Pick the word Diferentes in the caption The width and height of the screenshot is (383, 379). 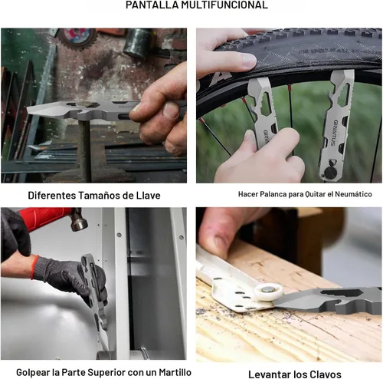[52, 196]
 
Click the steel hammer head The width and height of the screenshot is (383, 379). [79, 219]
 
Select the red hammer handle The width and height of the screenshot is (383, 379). [44, 217]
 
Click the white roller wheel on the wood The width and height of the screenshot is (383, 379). [268, 293]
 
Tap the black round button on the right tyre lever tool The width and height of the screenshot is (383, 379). [330, 172]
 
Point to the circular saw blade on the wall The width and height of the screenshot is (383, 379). [77, 38]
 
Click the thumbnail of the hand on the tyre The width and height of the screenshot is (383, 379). [247, 61]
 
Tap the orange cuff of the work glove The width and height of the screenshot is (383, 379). [34, 268]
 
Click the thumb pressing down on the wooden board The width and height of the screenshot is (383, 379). [217, 236]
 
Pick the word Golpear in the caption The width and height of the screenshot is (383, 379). [31, 372]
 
